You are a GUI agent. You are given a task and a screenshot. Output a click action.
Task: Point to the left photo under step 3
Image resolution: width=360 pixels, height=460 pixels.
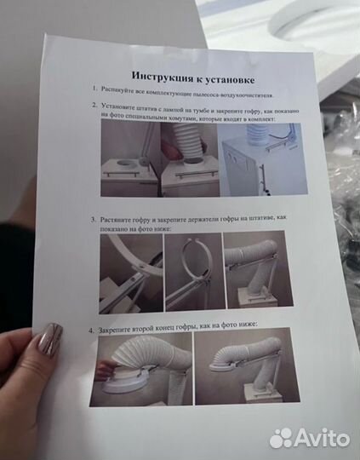pyautogui.click(x=130, y=271)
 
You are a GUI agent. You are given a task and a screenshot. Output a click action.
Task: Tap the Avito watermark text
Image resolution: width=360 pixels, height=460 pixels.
pyautogui.click(x=323, y=438)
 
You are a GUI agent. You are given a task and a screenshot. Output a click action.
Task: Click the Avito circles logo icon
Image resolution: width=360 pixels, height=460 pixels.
pyautogui.click(x=281, y=437)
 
